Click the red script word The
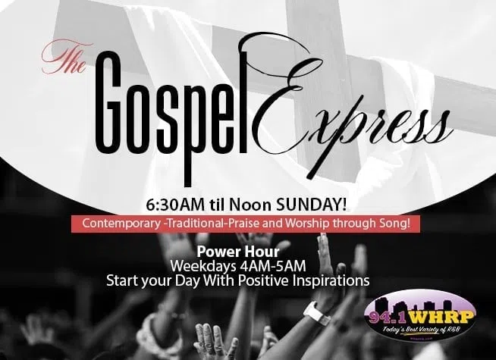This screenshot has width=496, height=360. pyautogui.click(x=66, y=57)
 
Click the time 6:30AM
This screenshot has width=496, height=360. pyautogui.click(x=175, y=205)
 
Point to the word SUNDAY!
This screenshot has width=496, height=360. pyautogui.click(x=311, y=205)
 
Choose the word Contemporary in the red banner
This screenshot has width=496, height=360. pyautogui.click(x=121, y=224)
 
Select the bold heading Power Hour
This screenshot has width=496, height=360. pyautogui.click(x=238, y=252)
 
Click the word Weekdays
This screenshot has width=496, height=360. pyautogui.click(x=203, y=266)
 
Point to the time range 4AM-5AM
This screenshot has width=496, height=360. pyautogui.click(x=273, y=266)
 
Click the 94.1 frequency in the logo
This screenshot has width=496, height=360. pyautogui.click(x=388, y=318)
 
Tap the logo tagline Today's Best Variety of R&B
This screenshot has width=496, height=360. pyautogui.click(x=421, y=330)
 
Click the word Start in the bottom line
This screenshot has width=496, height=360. pyautogui.click(x=122, y=280)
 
